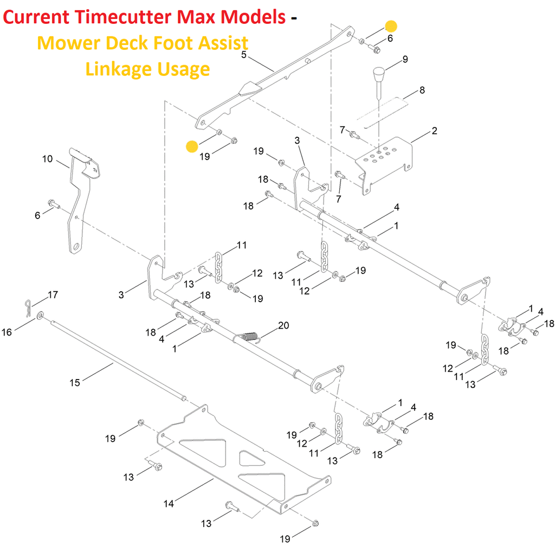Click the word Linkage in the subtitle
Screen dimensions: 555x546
pos(119,69)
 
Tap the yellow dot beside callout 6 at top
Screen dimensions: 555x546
pos(391,26)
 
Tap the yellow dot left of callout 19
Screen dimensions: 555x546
pos(192,146)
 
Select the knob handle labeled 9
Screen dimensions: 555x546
pos(378,81)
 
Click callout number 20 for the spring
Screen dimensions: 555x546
pos(283,325)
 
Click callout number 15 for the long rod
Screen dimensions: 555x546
pos(75,382)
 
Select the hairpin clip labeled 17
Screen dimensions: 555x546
pos(28,307)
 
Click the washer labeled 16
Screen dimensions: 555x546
pos(40,314)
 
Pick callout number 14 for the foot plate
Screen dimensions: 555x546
pos(169,503)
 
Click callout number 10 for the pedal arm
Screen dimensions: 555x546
pos(48,159)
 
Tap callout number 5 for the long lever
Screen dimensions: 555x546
pos(243,55)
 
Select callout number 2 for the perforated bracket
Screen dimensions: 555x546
pos(434,131)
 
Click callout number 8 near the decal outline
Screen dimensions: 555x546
pos(422,90)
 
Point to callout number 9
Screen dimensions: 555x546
pos(405,59)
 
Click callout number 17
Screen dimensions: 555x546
pos(53,294)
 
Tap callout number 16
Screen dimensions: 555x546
pos(7,332)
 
